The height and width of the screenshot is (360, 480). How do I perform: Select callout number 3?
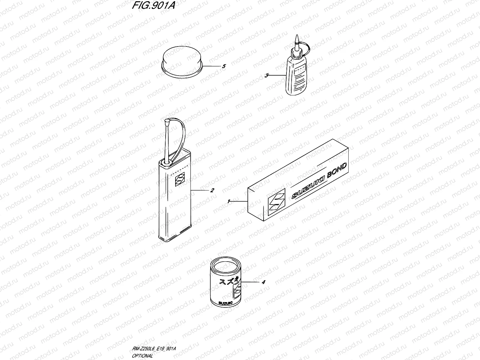coord(266,76)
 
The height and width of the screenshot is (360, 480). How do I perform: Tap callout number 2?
coord(212,190)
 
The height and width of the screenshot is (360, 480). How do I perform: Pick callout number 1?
coord(229,202)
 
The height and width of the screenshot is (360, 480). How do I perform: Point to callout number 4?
coord(263,282)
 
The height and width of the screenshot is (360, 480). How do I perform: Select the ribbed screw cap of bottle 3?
coord(297,54)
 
